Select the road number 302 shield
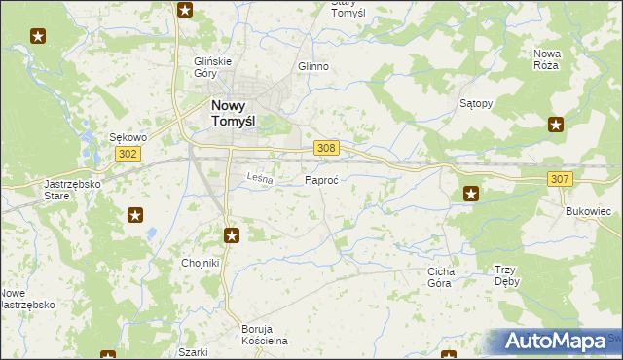pyautogui.click(x=128, y=155)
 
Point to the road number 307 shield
pyautogui.click(x=559, y=179)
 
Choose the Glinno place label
pyautogui.click(x=312, y=67)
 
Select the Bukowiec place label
pyautogui.click(x=588, y=210)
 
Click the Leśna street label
pyautogui.click(x=258, y=178)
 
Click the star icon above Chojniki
pyautogui.click(x=232, y=234)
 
